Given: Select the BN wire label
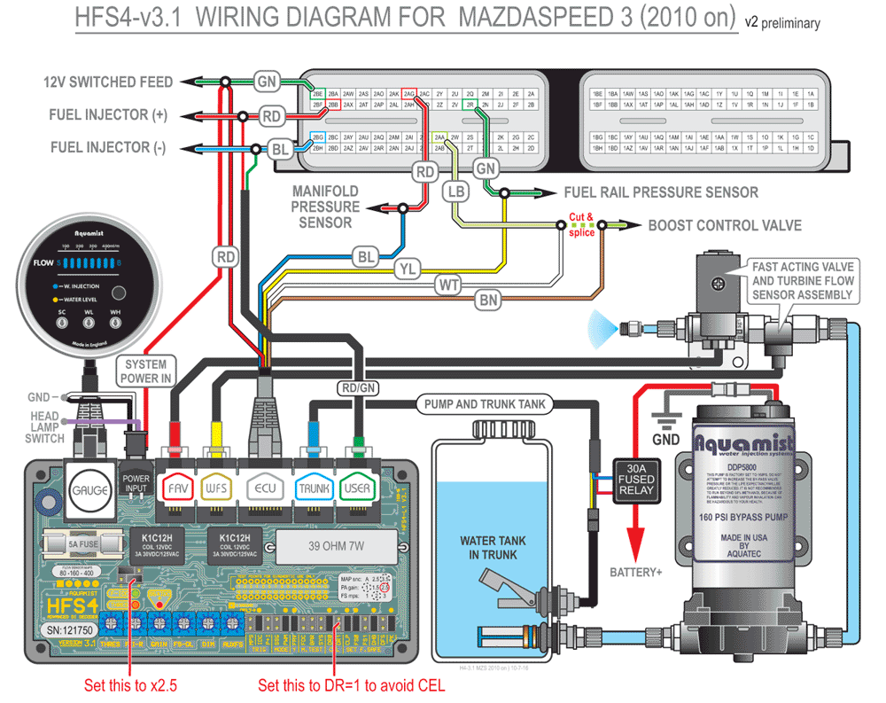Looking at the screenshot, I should pyautogui.click(x=488, y=301).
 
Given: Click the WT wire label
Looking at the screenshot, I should pyautogui.click(x=447, y=285).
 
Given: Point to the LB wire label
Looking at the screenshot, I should pyautogui.click(x=455, y=191).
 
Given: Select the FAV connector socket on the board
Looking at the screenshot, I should pyautogui.click(x=175, y=488).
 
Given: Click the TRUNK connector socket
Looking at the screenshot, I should pyautogui.click(x=313, y=488).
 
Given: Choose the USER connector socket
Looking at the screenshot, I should pyautogui.click(x=357, y=488).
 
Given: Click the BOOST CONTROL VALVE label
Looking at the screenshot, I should pyautogui.click(x=725, y=225).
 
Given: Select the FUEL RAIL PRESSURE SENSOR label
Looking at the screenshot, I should pyautogui.click(x=661, y=191).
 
